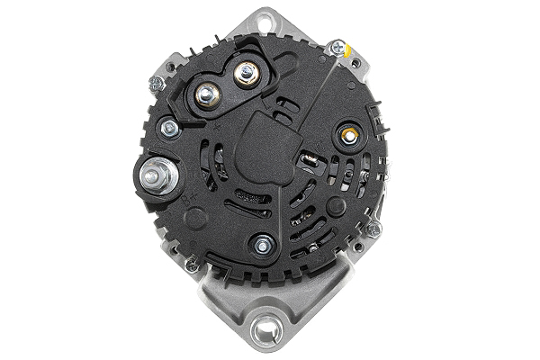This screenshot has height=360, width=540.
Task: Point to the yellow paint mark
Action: click(348, 53)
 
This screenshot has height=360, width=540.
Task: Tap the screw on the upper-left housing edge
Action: click(156, 84)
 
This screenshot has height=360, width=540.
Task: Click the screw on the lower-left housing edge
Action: click(191, 265)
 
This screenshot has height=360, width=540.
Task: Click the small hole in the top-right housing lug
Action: click(364, 64)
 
